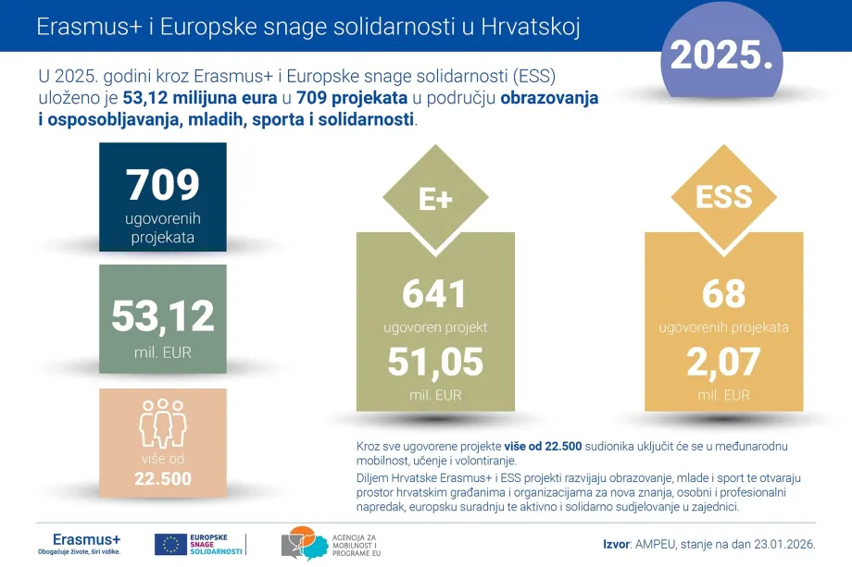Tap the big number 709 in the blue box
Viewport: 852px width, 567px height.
point(162,184)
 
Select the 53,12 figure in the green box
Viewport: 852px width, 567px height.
point(162,315)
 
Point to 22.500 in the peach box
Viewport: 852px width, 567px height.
point(162,478)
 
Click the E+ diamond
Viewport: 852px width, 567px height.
point(435,199)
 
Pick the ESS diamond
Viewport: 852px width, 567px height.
point(723,197)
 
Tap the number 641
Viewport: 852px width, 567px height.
point(435,294)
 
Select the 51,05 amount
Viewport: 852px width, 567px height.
point(435,362)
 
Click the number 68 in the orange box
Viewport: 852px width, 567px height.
point(723,294)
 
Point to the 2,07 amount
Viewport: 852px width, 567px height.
point(723,362)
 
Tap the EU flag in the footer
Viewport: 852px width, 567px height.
point(169,544)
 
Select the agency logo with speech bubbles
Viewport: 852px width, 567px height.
point(301,543)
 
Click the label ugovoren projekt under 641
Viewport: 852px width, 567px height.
point(435,327)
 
